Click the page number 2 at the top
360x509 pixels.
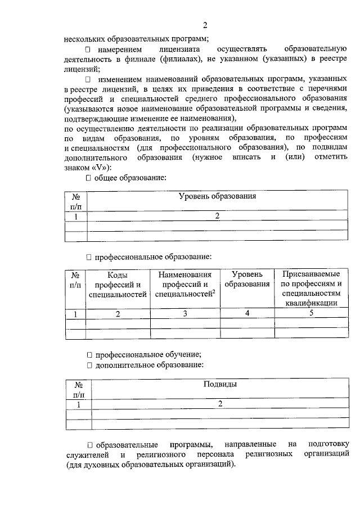click(x=205, y=25)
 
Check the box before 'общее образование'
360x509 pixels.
click(x=88, y=178)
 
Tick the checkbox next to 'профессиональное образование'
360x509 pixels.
click(x=88, y=257)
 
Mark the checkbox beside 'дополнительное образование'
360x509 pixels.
click(x=88, y=365)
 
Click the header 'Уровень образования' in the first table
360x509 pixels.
click(x=217, y=196)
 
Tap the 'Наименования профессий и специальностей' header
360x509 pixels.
click(x=185, y=285)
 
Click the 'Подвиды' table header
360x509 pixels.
click(x=219, y=385)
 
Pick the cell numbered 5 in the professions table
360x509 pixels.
click(x=310, y=313)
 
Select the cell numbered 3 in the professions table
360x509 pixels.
click(x=184, y=313)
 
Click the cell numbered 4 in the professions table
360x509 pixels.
click(x=247, y=313)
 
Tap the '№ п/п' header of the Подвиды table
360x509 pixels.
click(x=79, y=390)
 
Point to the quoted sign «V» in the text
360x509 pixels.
click(x=96, y=167)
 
